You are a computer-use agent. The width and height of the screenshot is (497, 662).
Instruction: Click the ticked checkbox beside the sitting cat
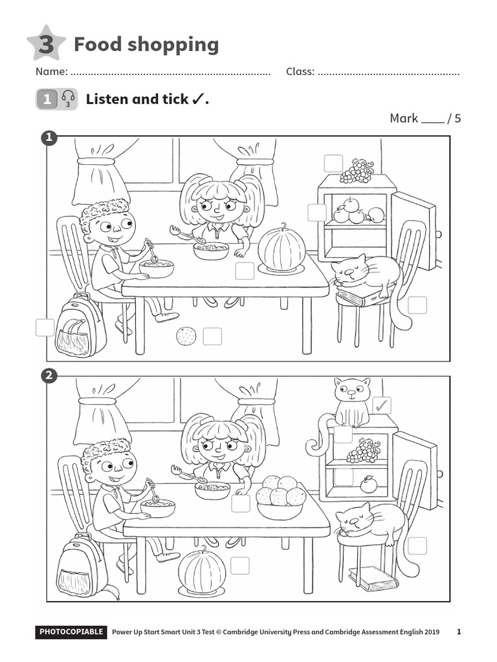tap(382, 405)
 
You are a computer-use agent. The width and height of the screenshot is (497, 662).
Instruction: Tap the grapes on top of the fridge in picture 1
tap(357, 171)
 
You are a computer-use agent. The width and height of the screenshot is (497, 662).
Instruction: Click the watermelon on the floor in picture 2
tap(202, 571)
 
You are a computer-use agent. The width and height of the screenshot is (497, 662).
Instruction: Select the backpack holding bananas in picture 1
tap(80, 326)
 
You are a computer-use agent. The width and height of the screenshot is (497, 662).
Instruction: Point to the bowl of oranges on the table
tap(280, 497)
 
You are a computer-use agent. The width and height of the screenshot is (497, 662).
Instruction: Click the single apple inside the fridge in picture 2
tap(368, 484)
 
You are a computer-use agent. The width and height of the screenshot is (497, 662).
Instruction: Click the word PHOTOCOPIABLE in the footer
tap(71, 632)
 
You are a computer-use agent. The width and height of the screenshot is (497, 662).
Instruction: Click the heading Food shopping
tap(146, 45)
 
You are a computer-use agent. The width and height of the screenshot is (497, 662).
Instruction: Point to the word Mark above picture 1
tap(403, 118)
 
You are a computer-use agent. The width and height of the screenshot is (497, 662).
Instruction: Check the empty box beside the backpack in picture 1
tap(45, 328)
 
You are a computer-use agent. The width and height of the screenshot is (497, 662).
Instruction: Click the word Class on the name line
tap(300, 72)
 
